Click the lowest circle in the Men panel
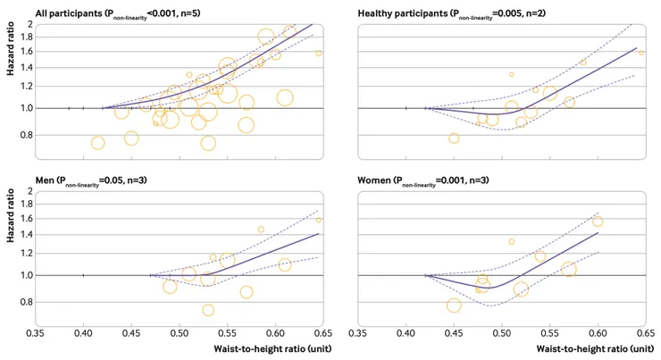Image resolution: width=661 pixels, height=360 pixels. (x=208, y=311)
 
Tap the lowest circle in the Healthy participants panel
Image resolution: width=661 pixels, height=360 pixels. (x=454, y=138)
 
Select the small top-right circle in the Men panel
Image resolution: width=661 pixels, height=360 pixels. (x=319, y=220)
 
